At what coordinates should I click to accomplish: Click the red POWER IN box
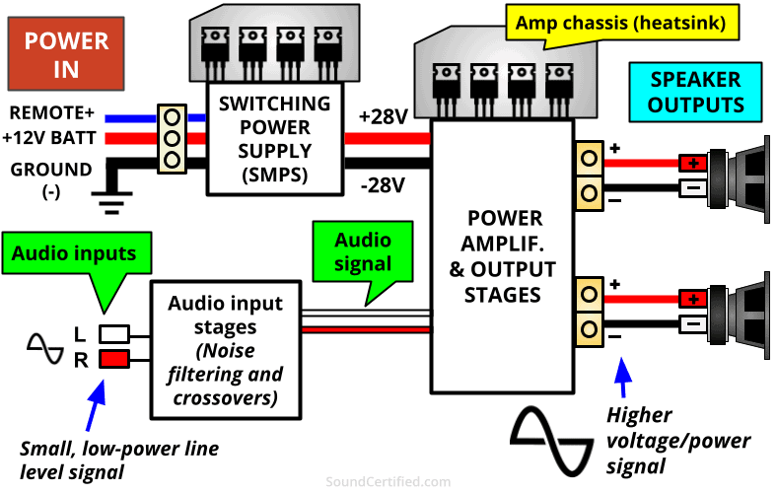[x=66, y=55]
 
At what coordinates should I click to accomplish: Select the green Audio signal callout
[x=362, y=252]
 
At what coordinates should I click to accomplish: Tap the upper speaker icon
[x=736, y=175]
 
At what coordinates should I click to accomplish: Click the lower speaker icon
[x=736, y=311]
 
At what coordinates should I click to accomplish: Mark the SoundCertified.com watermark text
[x=388, y=482]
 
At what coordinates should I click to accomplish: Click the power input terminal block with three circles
[x=172, y=138]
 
